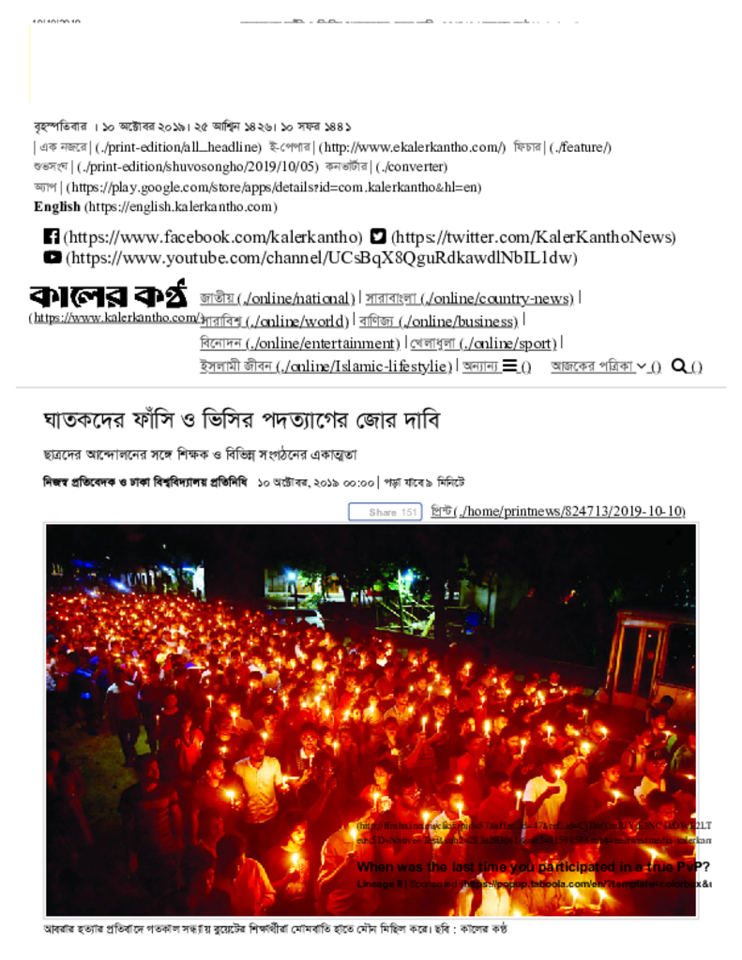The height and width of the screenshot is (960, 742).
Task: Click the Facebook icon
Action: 52,237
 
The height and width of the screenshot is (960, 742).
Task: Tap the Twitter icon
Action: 378,237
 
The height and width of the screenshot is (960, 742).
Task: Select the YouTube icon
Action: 53,257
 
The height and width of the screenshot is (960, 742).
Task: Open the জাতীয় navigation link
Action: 218,298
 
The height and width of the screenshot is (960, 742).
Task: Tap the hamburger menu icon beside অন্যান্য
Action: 510,366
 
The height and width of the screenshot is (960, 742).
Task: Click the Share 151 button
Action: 385,512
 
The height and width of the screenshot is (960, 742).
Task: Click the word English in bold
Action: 57,206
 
